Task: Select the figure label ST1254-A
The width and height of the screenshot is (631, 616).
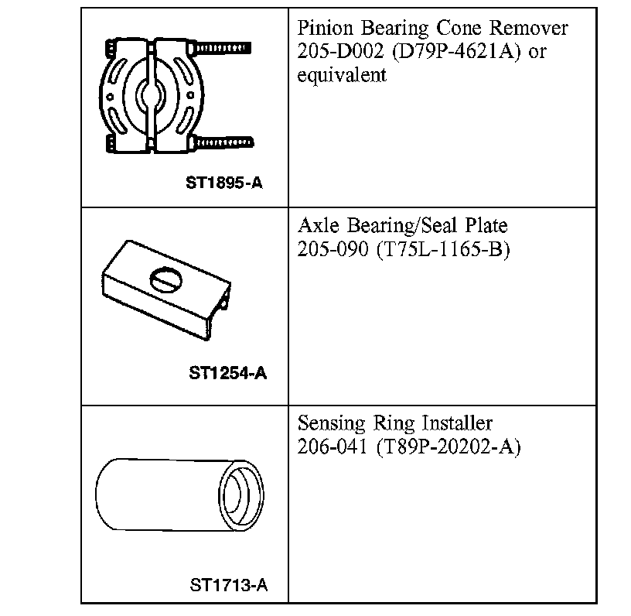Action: [228, 373]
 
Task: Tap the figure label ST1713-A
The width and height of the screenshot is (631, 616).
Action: [229, 584]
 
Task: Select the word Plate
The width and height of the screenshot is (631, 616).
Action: [486, 228]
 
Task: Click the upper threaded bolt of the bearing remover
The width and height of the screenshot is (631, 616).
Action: [224, 47]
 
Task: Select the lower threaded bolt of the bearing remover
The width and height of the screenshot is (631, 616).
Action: [224, 142]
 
